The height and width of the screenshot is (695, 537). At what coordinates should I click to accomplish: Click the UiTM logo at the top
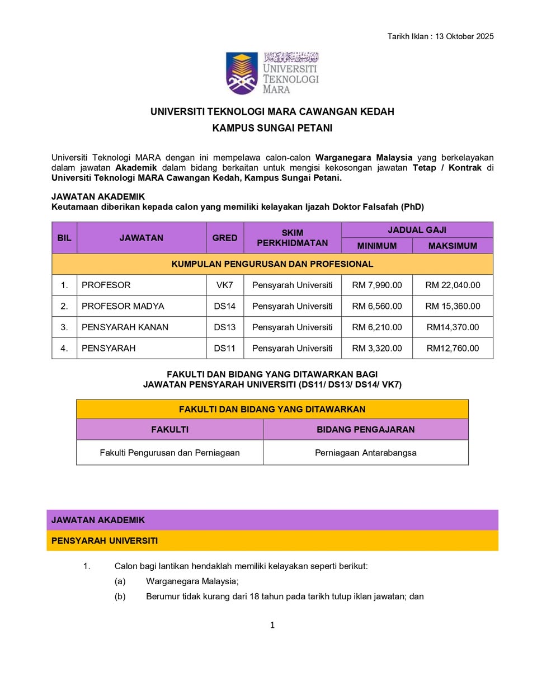(272, 73)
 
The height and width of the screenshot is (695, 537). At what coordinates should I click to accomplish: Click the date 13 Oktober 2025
(464, 36)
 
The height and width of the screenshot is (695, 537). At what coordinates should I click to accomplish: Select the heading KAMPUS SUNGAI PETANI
(272, 128)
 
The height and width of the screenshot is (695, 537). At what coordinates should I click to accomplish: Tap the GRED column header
(225, 238)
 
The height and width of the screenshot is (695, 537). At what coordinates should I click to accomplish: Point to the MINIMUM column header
(377, 246)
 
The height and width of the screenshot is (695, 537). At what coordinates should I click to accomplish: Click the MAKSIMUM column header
(453, 246)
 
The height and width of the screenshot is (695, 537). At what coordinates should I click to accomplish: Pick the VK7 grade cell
(225, 285)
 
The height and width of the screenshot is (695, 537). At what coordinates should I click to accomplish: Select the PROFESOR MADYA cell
(123, 306)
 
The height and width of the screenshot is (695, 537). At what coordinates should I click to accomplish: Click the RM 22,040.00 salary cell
(453, 285)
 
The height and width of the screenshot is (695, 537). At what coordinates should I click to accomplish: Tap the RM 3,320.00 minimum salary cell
(377, 348)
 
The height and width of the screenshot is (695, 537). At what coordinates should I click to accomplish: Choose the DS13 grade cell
(225, 327)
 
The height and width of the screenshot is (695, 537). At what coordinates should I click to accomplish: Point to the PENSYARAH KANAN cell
(125, 327)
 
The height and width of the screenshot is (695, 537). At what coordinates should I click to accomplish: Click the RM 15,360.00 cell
(453, 306)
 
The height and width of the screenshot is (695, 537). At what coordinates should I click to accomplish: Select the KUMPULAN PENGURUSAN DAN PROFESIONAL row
(272, 264)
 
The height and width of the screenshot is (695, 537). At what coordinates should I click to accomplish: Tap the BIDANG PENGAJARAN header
(366, 430)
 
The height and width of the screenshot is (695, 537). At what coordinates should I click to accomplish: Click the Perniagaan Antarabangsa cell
(366, 453)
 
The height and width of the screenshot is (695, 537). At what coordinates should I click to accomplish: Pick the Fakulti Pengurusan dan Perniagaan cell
(169, 453)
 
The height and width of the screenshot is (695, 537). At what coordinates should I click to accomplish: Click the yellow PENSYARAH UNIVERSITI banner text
(105, 541)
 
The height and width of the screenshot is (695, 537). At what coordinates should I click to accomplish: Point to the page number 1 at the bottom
(272, 625)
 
